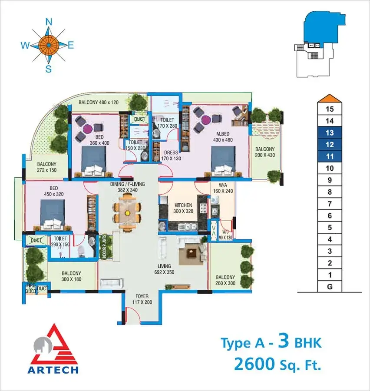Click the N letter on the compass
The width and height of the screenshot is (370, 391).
pos(49,23)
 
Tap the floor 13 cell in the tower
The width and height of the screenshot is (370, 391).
pos(330,133)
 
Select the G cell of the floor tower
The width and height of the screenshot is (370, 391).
pos(330,287)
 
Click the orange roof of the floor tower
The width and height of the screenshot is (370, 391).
pos(330,98)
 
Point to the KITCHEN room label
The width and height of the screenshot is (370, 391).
pos(183,205)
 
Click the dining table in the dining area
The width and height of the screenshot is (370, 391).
pos(128,213)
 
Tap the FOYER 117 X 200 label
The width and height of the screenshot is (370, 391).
pos(142,299)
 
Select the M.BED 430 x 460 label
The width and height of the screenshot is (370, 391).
pos(223,137)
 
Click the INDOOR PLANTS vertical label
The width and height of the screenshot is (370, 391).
pos(104,246)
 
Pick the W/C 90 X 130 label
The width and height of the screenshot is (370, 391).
pos(226,235)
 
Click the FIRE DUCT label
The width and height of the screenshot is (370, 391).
pos(31,288)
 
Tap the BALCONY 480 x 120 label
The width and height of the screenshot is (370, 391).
pos(99,102)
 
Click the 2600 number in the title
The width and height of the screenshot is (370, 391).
pos(254,364)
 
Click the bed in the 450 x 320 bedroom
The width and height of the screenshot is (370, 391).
pos(53,215)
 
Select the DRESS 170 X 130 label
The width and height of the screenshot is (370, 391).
pos(171,156)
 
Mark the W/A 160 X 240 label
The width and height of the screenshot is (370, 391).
pos(223,188)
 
